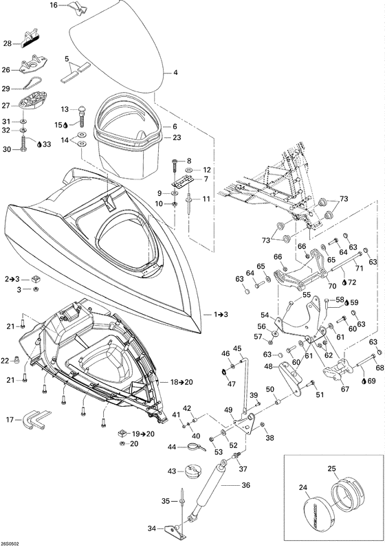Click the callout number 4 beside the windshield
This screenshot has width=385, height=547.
(x=175, y=72)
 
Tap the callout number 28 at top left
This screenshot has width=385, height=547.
(x=8, y=43)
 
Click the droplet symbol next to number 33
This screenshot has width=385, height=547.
(x=39, y=144)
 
